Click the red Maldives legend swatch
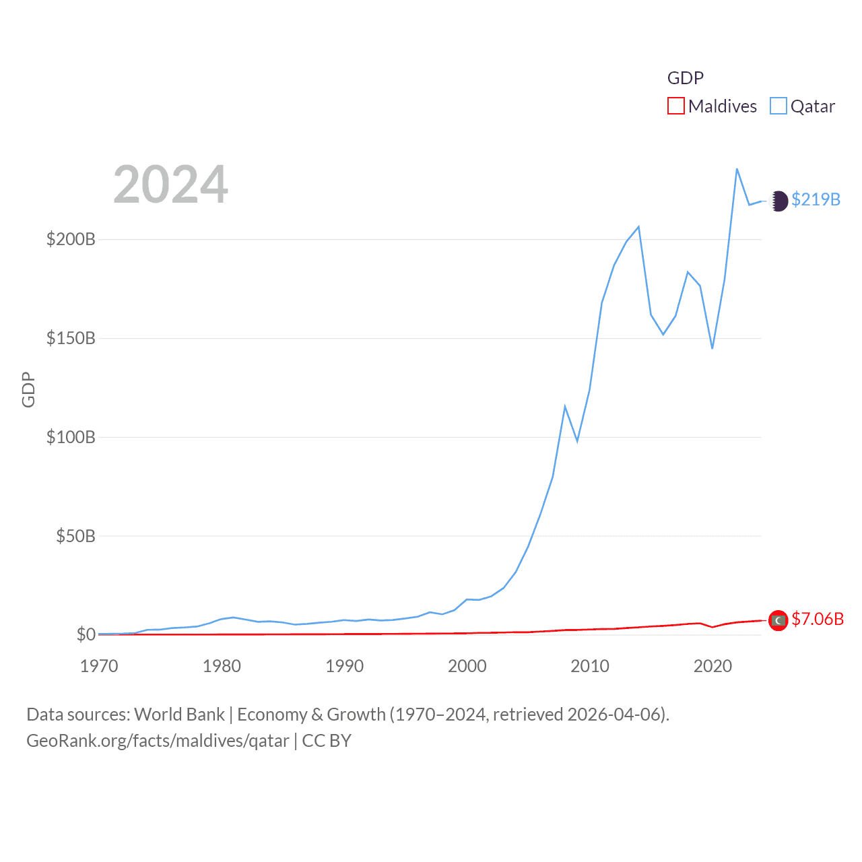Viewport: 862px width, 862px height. coord(675,106)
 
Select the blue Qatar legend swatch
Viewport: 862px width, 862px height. coord(778,106)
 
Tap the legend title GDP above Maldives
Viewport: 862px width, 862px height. coord(685,78)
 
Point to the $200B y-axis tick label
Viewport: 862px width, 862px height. coord(71,239)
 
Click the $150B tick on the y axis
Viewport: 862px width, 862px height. coord(71,338)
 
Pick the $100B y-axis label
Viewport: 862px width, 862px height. coord(71,437)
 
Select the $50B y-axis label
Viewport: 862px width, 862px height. coord(75,536)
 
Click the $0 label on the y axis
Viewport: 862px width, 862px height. coord(86,634)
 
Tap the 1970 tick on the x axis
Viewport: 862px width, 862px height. coord(99,666)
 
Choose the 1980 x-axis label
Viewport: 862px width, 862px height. coord(222,666)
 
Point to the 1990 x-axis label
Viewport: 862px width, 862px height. coord(344,666)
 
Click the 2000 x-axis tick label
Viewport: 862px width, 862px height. coord(467,666)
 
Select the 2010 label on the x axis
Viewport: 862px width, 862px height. coord(590,666)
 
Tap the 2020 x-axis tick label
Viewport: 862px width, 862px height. coord(712,666)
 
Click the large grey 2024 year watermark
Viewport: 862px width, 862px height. coord(170,184)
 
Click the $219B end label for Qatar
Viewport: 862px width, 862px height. coord(816,200)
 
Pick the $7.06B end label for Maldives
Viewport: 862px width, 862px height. coord(817,619)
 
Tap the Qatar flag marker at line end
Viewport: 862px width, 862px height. coord(778,201)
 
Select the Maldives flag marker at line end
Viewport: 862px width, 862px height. coord(778,620)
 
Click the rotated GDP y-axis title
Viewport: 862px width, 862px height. coord(28,389)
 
